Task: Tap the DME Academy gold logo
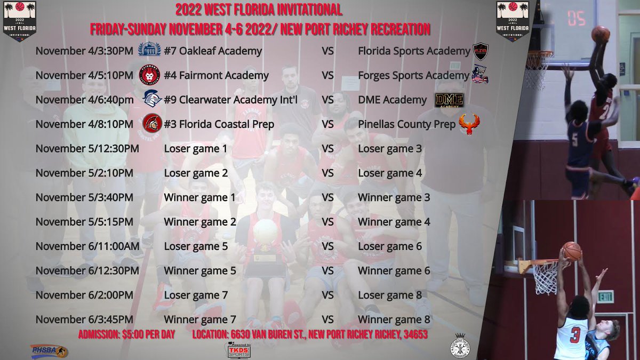(449, 100)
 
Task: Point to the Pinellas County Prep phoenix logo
(469, 124)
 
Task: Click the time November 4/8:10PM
(84, 124)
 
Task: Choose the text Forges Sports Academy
(413, 76)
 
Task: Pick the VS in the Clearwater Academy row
(327, 100)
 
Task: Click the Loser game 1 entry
(196, 148)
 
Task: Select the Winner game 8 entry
(394, 319)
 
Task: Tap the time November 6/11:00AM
(87, 246)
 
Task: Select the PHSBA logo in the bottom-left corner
(49, 350)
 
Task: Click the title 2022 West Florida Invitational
(259, 10)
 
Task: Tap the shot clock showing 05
(576, 20)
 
